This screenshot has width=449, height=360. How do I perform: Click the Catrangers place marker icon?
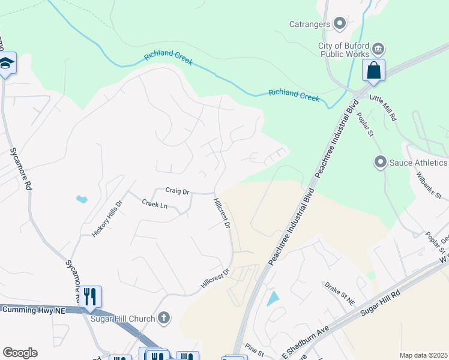(340, 24)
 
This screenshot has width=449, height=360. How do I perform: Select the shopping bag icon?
(373, 70)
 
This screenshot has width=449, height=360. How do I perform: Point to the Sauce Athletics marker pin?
(379, 162)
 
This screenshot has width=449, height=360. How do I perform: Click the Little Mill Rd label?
(384, 108)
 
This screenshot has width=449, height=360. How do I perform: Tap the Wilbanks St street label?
(429, 187)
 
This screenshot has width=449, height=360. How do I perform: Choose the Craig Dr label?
(177, 191)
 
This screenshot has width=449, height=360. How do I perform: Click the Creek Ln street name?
(155, 205)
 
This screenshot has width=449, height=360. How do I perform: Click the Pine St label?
(255, 349)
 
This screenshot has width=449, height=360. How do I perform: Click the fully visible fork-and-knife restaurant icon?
(90, 296)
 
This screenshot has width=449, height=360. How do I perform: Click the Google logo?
(20, 353)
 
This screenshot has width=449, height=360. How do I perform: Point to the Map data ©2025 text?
(423, 355)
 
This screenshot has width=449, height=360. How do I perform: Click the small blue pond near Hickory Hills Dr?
(81, 198)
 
